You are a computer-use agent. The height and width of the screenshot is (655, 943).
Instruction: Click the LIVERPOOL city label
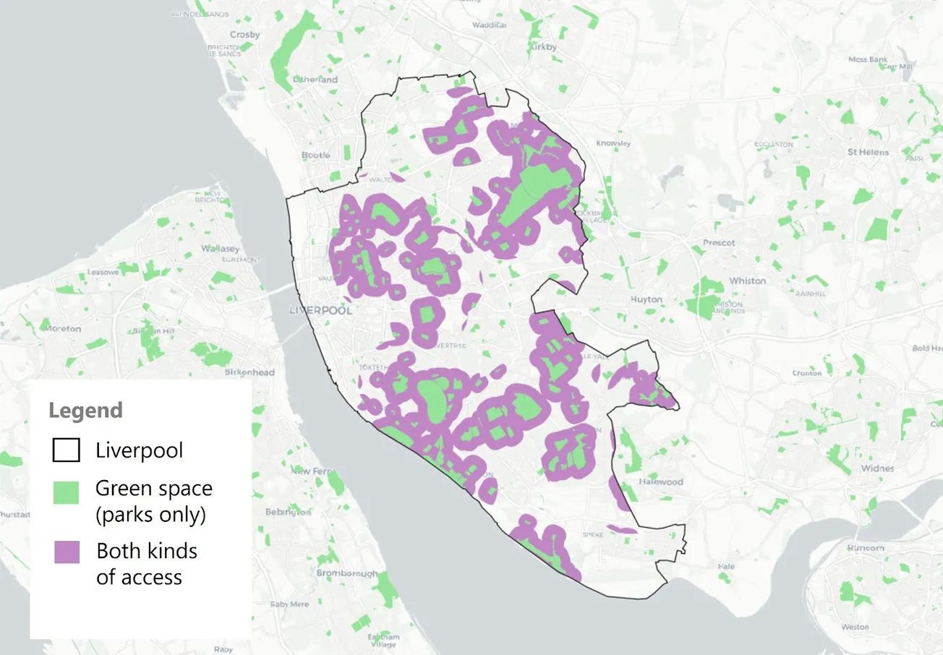click(320, 311)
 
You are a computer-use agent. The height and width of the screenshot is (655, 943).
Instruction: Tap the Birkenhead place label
click(249, 372)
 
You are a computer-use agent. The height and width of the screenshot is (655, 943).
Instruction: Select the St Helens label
click(869, 153)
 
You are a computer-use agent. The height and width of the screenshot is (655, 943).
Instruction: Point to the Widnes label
click(879, 468)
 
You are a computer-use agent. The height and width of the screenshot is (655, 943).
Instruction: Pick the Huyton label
click(646, 299)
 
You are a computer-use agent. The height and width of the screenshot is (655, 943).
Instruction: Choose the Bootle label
click(315, 155)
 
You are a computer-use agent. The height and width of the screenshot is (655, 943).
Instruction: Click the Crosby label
click(244, 34)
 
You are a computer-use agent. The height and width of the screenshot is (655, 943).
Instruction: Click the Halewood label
click(660, 481)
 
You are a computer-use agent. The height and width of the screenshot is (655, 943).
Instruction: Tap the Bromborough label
click(346, 573)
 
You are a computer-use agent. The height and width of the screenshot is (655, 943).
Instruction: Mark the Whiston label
click(748, 281)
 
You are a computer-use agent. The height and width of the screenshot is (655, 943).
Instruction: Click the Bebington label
click(288, 512)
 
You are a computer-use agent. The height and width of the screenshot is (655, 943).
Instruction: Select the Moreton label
click(63, 328)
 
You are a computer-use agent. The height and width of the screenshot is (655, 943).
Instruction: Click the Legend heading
click(85, 411)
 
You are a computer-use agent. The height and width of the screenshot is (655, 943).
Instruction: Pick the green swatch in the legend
click(67, 492)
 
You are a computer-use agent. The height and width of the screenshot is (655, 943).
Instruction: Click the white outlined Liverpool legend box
click(67, 450)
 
